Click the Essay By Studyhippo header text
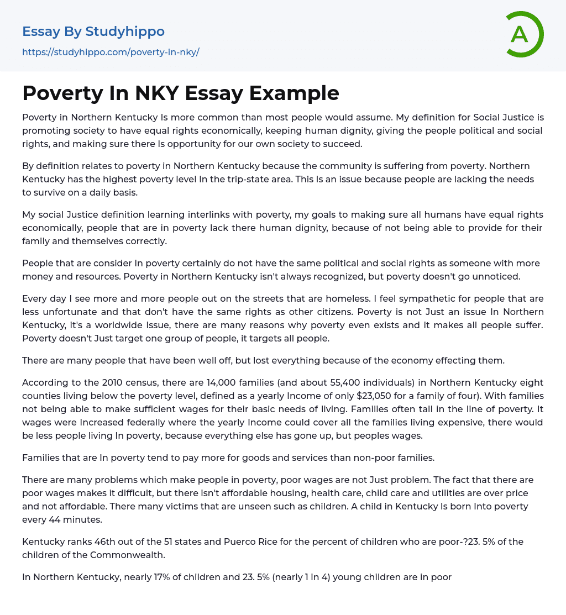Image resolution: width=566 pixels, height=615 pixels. click(x=93, y=31)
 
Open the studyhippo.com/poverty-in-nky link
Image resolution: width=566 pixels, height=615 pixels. click(x=111, y=52)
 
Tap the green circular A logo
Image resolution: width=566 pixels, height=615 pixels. click(x=522, y=34)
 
